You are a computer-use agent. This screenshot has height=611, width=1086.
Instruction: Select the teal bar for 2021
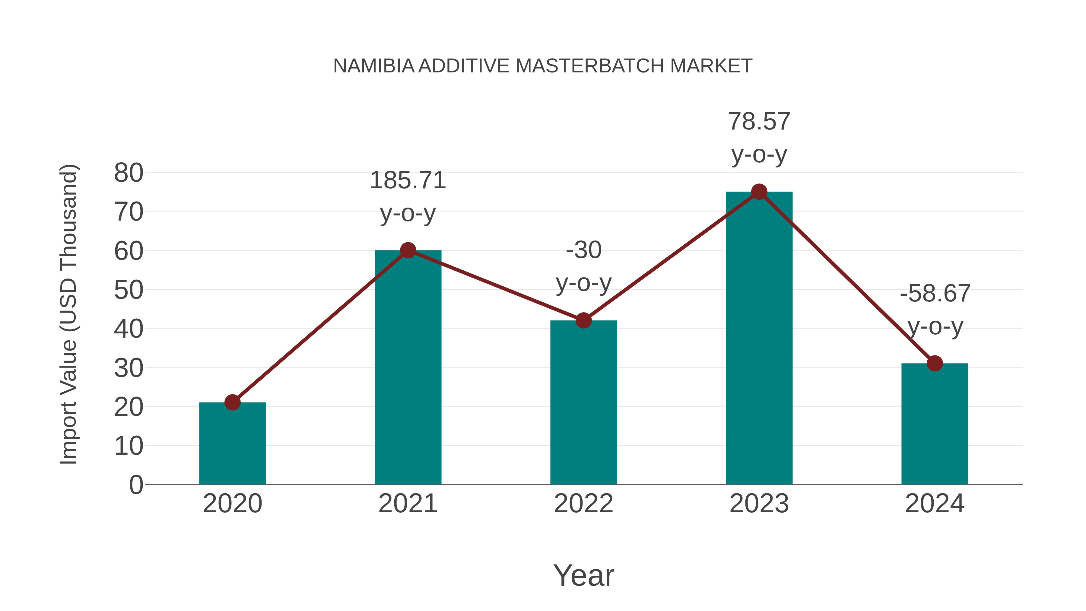click(x=408, y=367)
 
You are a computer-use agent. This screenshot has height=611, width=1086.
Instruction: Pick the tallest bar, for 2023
click(x=759, y=337)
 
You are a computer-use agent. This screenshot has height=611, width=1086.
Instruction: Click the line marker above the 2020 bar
click(x=232, y=402)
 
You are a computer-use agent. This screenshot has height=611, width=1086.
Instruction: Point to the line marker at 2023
click(x=759, y=192)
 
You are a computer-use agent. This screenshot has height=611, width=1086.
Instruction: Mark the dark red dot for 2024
click(x=935, y=363)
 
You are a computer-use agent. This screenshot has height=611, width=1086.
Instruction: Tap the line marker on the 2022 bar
click(x=583, y=320)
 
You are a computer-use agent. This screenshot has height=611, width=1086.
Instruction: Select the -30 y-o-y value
click(x=583, y=250)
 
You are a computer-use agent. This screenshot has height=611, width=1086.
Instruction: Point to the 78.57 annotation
click(x=759, y=122)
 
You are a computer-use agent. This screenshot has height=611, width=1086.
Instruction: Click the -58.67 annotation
click(x=935, y=294)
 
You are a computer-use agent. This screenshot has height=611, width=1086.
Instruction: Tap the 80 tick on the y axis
click(x=129, y=173)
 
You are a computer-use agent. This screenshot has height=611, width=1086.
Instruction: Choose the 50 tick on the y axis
click(x=129, y=290)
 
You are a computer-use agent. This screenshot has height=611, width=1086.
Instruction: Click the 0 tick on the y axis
click(x=136, y=485)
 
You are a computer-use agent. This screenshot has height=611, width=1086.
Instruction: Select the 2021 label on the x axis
click(x=408, y=504)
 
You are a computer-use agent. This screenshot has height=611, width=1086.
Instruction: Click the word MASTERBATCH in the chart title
click(x=590, y=66)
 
